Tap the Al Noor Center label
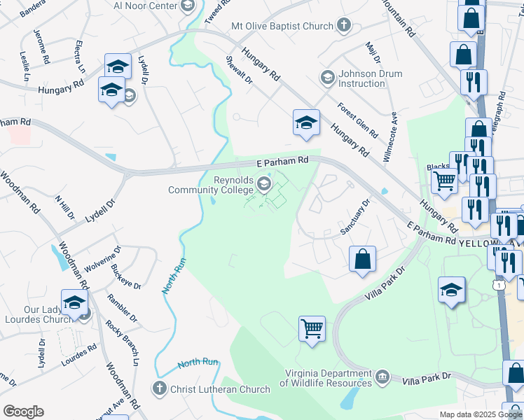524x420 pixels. pyautogui.click(x=146, y=6)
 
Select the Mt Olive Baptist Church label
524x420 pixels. pyautogui.click(x=282, y=27)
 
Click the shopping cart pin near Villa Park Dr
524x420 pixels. pyautogui.click(x=312, y=328)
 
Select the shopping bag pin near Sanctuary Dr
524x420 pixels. pyautogui.click(x=362, y=258)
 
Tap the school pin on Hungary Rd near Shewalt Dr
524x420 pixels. pyautogui.click(x=306, y=122)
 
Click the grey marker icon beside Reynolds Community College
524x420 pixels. pyautogui.click(x=264, y=185)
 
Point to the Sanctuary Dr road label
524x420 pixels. pyautogui.click(x=354, y=218)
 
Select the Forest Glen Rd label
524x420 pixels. pyautogui.click(x=357, y=120)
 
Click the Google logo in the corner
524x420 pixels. pyautogui.click(x=24, y=412)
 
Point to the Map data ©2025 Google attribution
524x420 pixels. pyautogui.click(x=481, y=414)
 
